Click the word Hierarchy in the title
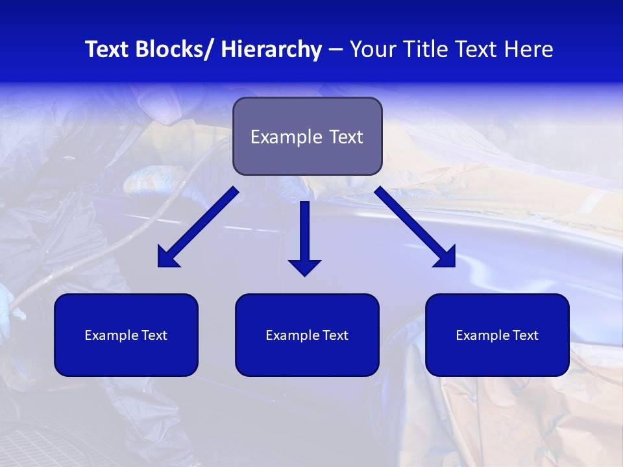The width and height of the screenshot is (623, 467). [x=271, y=49]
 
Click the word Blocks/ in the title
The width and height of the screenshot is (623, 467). [x=171, y=49]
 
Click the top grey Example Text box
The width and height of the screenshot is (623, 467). [x=307, y=136]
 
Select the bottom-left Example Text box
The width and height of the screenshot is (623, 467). [x=126, y=335]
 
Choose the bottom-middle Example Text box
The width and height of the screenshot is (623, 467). [x=307, y=335]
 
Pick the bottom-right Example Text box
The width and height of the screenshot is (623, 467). [x=497, y=335]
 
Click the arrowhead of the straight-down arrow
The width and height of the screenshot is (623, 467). [x=305, y=267]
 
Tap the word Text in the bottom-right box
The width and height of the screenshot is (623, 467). [x=524, y=335]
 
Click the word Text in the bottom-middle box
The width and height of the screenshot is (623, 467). [x=334, y=335]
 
